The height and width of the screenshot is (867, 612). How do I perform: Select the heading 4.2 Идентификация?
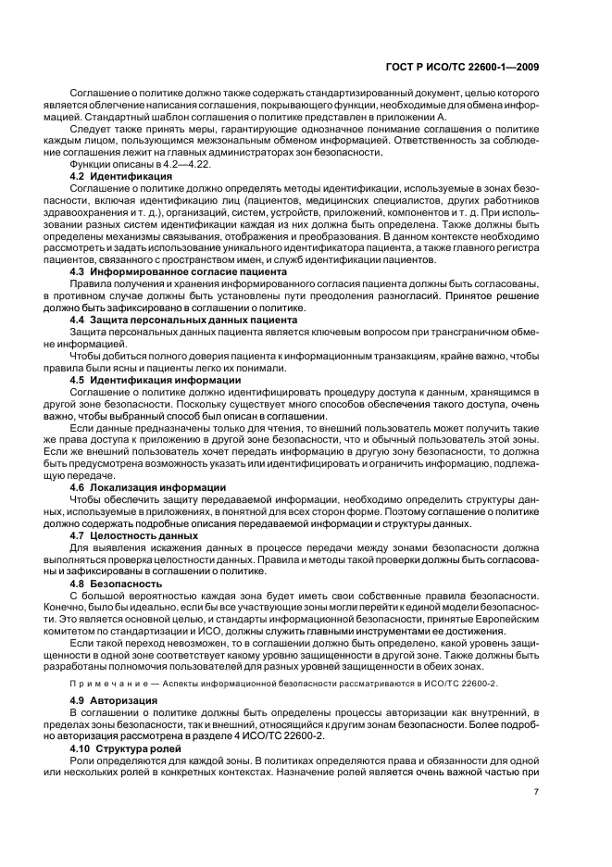[x=121, y=175]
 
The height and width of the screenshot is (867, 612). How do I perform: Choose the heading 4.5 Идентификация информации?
[x=156, y=380]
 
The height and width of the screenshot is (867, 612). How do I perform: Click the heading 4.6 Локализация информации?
[x=149, y=486]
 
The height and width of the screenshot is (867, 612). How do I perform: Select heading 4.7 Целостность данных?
[x=134, y=535]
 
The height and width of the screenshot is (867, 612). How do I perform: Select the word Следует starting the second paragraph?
[x=90, y=131]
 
